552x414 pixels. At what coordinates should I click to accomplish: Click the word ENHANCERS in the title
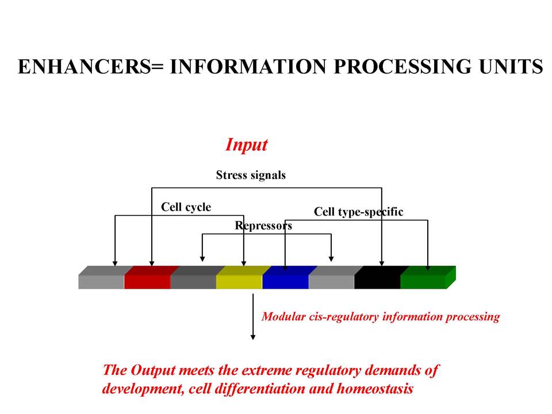pos(85,67)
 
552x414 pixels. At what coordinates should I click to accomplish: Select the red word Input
pos(247,144)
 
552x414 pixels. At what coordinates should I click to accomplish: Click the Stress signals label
pos(251,175)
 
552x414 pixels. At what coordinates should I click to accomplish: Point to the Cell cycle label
pos(186,207)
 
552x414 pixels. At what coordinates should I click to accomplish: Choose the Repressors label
pos(263,225)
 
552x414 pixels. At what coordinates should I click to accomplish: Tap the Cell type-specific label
pos(358,212)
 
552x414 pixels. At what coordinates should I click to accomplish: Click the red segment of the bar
pos(148,277)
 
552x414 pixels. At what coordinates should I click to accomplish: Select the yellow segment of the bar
pos(240,277)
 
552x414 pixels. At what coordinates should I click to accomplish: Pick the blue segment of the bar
pos(286,277)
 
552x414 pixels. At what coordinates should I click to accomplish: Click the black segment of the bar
pos(378,277)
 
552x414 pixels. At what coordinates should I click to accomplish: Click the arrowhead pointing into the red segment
pos(152,263)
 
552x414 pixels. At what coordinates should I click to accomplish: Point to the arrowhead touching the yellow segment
pos(244,263)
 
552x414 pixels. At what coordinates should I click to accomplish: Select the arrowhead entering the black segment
pos(382,263)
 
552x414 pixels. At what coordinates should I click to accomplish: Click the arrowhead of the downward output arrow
pos(253,338)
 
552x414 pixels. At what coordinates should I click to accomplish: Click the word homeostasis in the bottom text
pos(375,389)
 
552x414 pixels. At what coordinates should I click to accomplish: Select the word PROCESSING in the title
pos(403,67)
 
